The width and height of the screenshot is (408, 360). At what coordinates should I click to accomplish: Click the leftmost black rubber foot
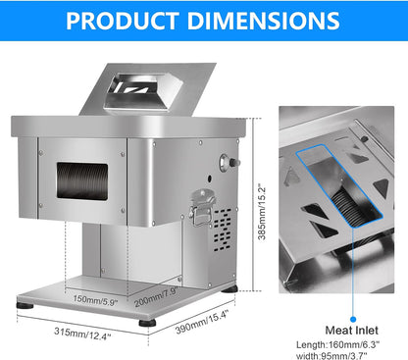point(25,306)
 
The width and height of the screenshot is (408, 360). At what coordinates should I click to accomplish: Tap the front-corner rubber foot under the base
point(145,322)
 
